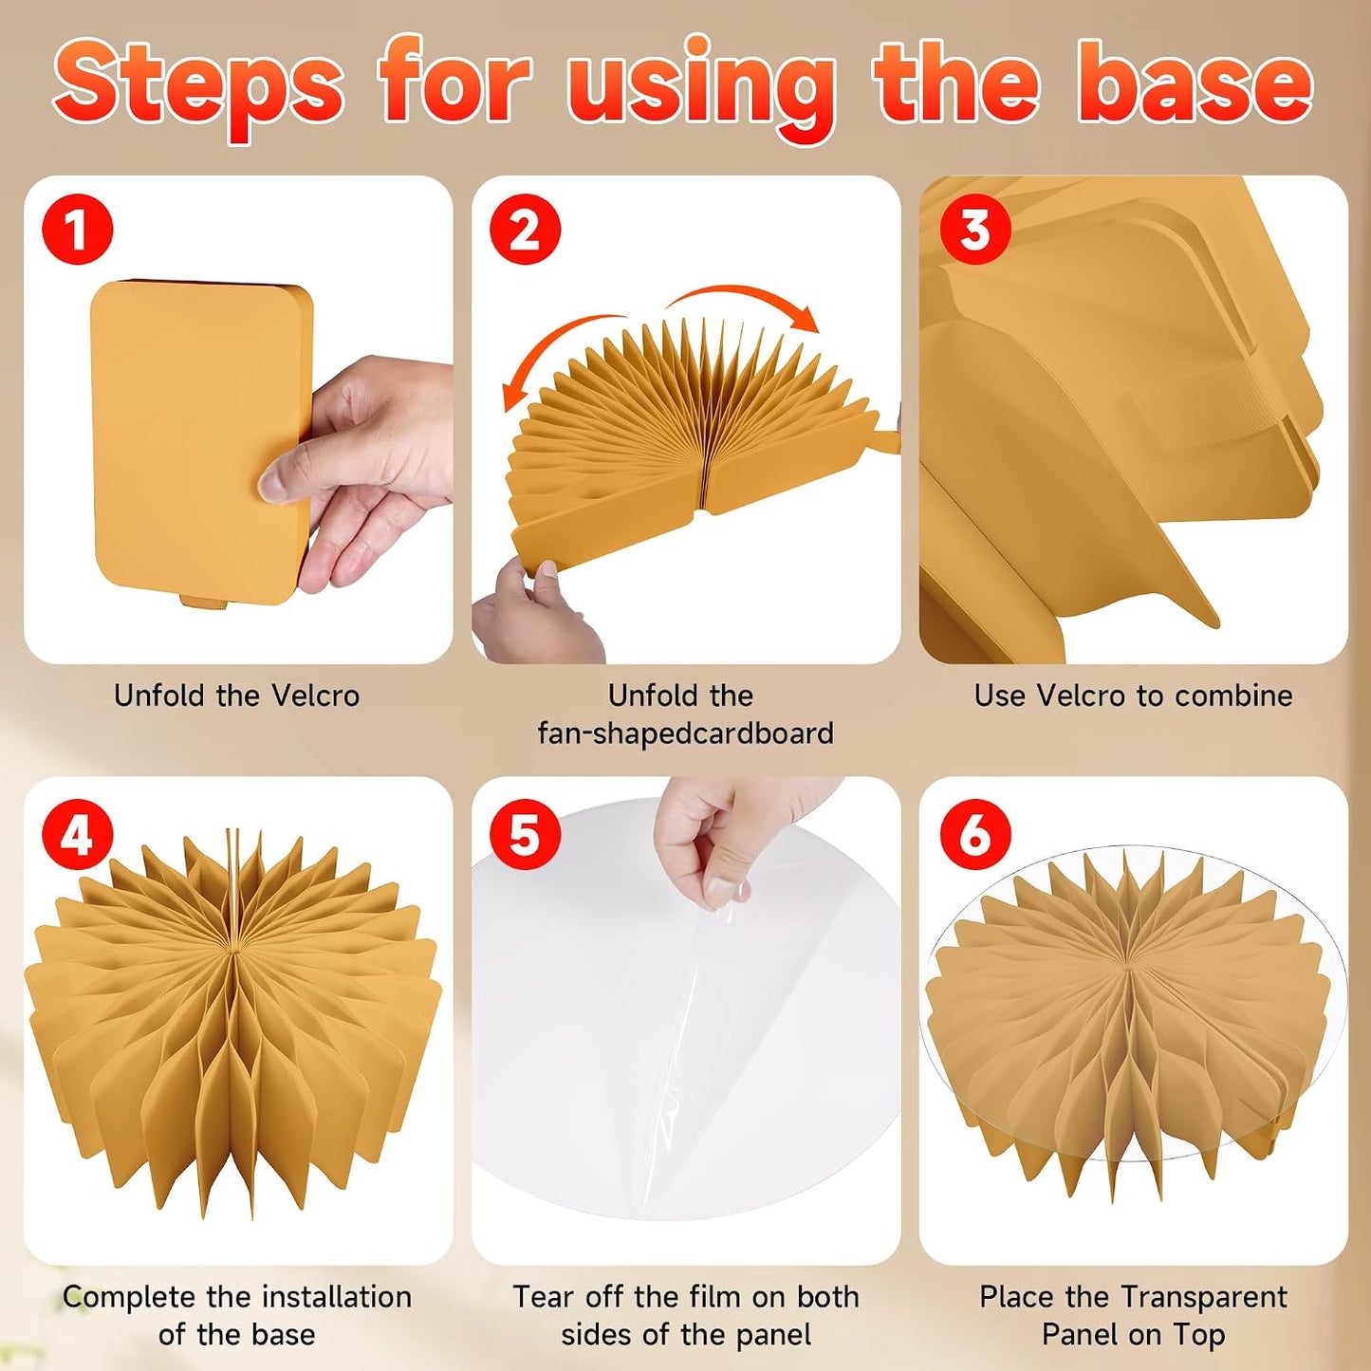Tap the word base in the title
[x=1200, y=83]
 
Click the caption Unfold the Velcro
[x=237, y=695]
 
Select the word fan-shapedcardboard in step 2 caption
[x=685, y=732]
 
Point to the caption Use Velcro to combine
[x=1133, y=695]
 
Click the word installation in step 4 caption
[x=337, y=1296]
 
